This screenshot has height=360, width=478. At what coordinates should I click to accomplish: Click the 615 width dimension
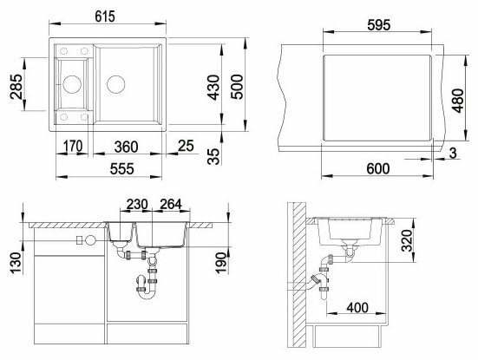105,16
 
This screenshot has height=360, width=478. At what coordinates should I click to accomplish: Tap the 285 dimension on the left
16,87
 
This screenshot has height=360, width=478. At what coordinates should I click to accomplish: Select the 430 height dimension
213,88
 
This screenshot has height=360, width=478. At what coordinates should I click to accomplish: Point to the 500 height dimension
237,87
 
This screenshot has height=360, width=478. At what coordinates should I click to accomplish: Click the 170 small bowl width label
73,146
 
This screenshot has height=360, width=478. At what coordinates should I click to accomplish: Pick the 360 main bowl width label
126,147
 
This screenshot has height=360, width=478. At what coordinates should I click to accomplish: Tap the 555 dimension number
122,169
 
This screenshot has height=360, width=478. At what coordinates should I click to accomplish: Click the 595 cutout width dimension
378,25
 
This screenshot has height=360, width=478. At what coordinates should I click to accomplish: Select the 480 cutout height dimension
457,101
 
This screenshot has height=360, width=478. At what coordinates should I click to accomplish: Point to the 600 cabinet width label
378,168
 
